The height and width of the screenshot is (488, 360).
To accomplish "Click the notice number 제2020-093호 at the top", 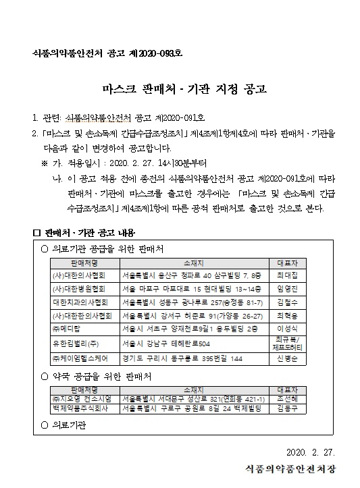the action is pyautogui.click(x=158, y=53).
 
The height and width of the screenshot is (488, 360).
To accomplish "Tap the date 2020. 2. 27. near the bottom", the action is pyautogui.click(x=310, y=452).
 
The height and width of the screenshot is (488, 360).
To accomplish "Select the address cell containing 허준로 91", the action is pyautogui.click(x=192, y=315).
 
